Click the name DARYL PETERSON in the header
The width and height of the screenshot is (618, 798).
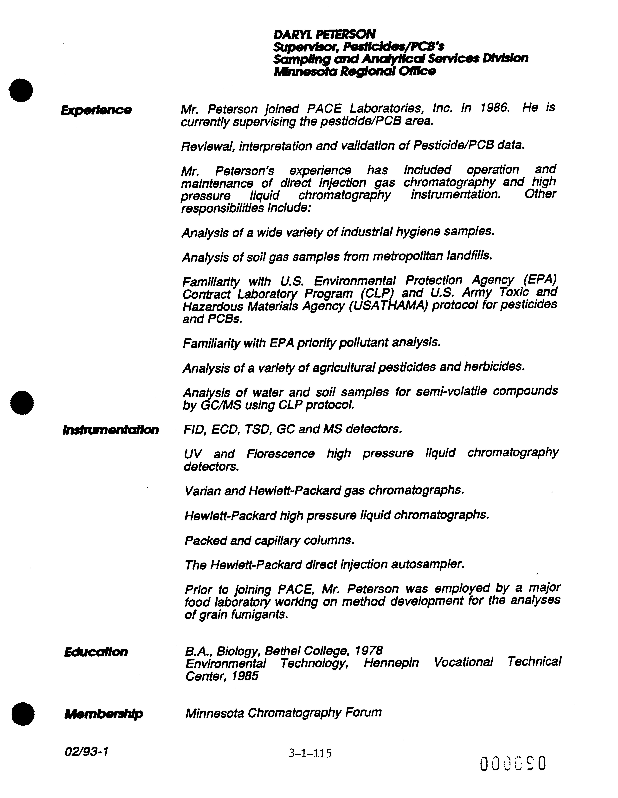[x=324, y=34]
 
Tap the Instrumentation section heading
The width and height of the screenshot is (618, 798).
[x=110, y=430]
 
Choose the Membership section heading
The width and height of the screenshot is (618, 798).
[x=103, y=714]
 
